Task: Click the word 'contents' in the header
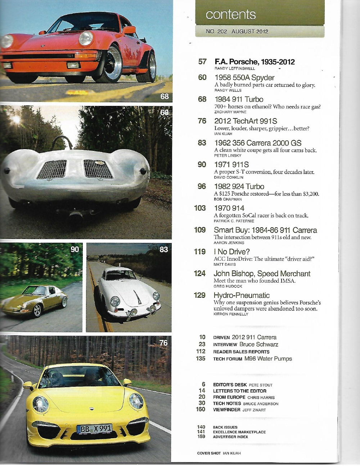pos(230,14)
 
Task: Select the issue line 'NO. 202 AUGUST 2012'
pos(237,31)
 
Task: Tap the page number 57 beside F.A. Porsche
pos(202,62)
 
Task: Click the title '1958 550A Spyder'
pos(244,77)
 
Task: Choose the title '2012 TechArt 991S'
pos(246,121)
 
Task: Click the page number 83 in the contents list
pos(202,143)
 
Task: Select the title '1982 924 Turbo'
pos(239,187)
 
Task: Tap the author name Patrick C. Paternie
pos(234,221)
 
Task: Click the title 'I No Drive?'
pos(231,252)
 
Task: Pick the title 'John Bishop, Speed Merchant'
pos(262,274)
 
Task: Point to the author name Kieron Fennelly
pos(231,314)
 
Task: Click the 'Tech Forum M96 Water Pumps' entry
pos(252,359)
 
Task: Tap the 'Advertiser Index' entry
pos(230,437)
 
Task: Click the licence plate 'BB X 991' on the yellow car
pos(94,429)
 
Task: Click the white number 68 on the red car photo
pos(165,97)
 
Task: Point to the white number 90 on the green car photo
pos(75,249)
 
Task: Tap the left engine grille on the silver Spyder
pos(52,169)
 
